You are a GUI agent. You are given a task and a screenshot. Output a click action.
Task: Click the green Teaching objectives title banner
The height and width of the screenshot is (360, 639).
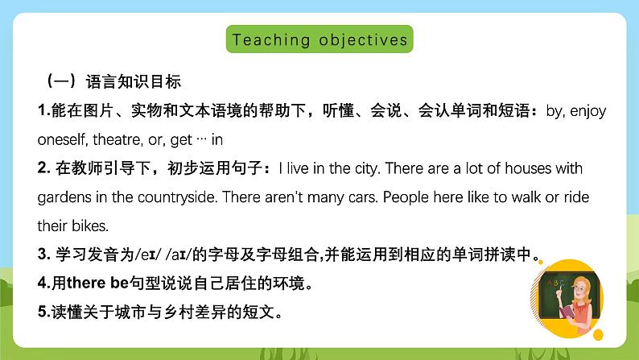pyautogui.click(x=319, y=39)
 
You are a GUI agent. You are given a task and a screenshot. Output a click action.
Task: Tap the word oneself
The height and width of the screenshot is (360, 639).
pyautogui.click(x=62, y=139)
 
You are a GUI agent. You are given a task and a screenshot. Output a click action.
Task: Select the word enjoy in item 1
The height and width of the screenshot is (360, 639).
pyautogui.click(x=588, y=111)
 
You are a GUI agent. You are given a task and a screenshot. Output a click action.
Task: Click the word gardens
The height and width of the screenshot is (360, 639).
pyautogui.click(x=64, y=197)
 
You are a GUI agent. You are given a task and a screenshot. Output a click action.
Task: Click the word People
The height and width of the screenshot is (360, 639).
pyautogui.click(x=406, y=197)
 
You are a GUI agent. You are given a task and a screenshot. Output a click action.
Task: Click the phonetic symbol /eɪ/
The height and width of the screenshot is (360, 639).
pyautogui.click(x=148, y=254)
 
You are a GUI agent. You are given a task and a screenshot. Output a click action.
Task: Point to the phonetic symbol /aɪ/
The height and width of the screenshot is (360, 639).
pyautogui.click(x=179, y=254)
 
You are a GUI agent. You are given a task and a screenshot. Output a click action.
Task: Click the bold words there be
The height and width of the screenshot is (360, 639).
pyautogui.click(x=98, y=283)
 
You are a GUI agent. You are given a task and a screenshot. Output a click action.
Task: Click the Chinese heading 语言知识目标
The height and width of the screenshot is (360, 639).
pyautogui.click(x=134, y=81)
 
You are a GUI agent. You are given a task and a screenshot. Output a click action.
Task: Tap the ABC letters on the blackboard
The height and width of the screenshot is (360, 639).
pyautogui.click(x=555, y=283)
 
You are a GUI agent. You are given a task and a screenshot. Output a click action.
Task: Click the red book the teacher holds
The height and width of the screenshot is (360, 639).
pyautogui.click(x=567, y=312)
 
